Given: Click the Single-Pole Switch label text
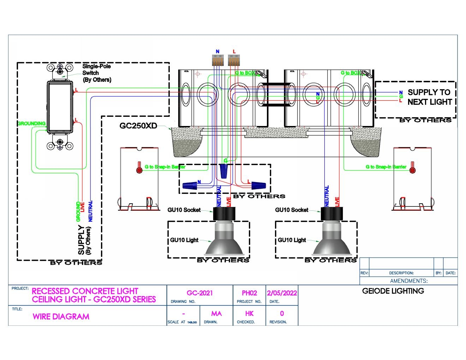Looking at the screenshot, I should click(x=96, y=73).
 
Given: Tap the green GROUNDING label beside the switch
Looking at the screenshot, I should click(x=32, y=124).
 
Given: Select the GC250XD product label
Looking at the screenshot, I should click(x=138, y=126).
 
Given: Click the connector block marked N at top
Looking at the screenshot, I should click(x=218, y=61).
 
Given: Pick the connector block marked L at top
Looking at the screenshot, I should click(x=234, y=61).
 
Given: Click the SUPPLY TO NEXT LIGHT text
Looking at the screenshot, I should click(x=429, y=97).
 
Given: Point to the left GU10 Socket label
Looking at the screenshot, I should click(x=184, y=210).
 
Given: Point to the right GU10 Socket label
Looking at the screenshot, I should click(x=292, y=210).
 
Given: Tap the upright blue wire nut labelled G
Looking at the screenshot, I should click(x=223, y=171).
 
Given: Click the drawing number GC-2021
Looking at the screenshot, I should click(x=199, y=293).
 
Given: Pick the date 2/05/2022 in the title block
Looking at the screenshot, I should click(x=282, y=293).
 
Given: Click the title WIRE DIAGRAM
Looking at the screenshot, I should click(x=61, y=317).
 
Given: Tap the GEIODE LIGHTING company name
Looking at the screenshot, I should click(x=393, y=291).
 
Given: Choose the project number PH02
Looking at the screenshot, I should click(x=249, y=293).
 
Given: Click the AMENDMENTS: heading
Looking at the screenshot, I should click(x=408, y=281).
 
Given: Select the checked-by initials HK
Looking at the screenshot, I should click(x=249, y=313).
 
